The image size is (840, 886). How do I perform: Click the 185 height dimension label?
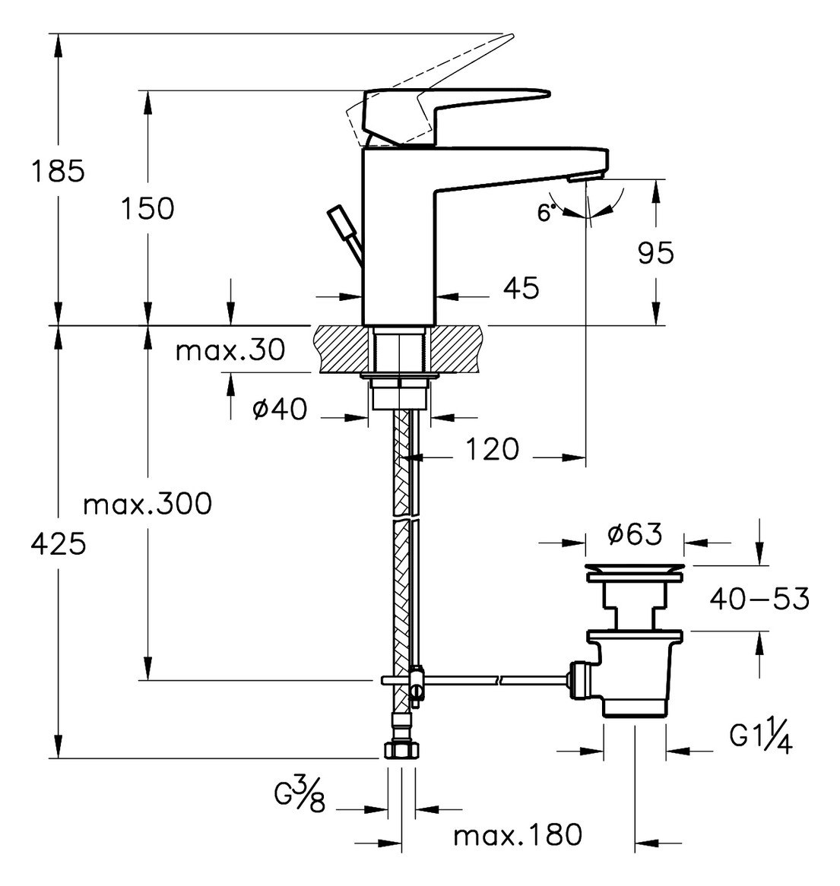[58, 170]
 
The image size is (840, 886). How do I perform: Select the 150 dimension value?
[147, 208]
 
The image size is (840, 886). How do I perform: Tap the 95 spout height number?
[656, 252]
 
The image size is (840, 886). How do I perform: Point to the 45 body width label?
[521, 288]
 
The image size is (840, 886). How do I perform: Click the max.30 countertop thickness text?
[230, 350]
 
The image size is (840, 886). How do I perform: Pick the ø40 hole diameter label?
[280, 409]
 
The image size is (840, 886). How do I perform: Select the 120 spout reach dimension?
[492, 450]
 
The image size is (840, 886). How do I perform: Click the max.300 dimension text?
[147, 504]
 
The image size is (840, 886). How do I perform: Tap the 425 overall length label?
[59, 544]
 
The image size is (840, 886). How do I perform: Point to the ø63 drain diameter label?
[634, 534]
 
